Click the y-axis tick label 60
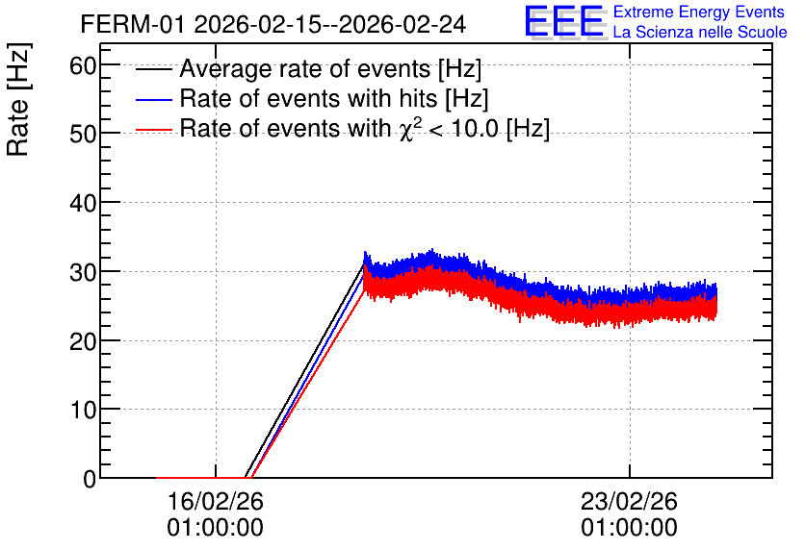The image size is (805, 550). pos(83,65)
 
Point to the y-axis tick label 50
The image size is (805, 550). pos(83,135)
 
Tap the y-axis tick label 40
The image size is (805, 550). pos(83,204)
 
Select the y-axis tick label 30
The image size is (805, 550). pos(83,273)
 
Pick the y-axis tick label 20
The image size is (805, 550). pos(83,341)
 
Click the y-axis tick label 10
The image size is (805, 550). pos(83,410)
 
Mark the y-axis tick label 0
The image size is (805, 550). pos(90,479)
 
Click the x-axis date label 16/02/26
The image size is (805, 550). pos(215,501)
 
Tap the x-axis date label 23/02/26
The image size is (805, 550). pos(629,501)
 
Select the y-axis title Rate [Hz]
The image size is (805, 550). pos(18,99)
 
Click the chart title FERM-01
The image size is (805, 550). pos(132,24)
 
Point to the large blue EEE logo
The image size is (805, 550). pos(564,21)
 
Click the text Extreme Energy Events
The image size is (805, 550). pos(699,12)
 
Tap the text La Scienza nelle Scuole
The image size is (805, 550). pos(700,32)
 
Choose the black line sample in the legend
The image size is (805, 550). pos(153,68)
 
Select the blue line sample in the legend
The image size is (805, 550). pos(153,99)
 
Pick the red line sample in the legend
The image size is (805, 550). pos(153,130)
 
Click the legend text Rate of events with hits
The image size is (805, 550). pos(308,98)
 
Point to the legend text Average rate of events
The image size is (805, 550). pos(305,68)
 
